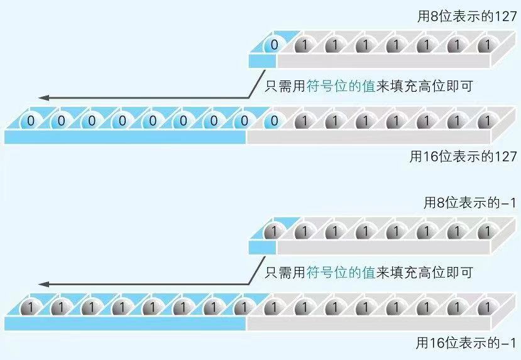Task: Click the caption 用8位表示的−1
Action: (x=469, y=203)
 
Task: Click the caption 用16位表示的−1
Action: (x=466, y=343)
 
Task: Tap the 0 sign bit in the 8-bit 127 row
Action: (x=274, y=45)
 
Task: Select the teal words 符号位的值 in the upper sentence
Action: (x=340, y=87)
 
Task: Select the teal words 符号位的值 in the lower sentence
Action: (x=340, y=273)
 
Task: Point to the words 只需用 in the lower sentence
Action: (x=285, y=273)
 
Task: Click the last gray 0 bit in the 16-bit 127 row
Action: (x=274, y=120)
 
